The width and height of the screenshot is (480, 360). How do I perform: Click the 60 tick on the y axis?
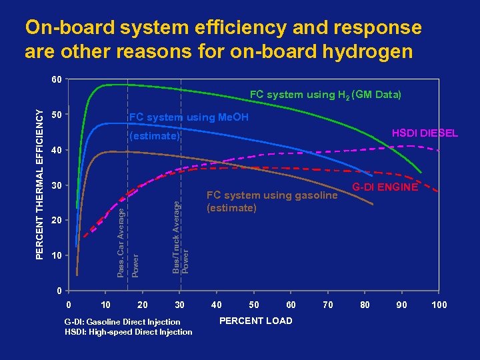[57, 80]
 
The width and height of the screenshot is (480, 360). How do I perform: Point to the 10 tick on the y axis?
[57, 255]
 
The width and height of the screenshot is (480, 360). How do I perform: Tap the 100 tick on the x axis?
[439, 305]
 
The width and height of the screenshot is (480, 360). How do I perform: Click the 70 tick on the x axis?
[327, 305]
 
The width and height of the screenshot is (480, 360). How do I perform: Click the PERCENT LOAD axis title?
[255, 321]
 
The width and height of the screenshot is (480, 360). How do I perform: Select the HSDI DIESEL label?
[425, 133]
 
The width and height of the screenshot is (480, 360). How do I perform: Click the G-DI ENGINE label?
[385, 187]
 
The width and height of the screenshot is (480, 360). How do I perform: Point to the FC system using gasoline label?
[272, 195]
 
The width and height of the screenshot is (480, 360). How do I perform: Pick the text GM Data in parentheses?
[378, 95]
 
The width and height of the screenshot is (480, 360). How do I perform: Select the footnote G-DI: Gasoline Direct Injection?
[122, 321]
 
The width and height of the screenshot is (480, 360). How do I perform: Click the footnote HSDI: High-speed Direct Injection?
[128, 332]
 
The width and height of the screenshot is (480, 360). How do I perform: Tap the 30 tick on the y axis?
[57, 185]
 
